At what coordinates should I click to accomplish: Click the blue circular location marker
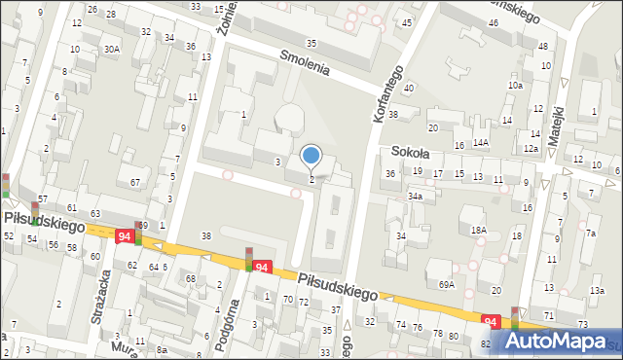(x=311, y=155)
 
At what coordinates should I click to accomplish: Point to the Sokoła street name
(x=410, y=152)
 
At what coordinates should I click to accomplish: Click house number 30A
(x=113, y=49)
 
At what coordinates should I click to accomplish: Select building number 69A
(x=447, y=284)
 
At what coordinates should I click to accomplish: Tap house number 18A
(x=478, y=230)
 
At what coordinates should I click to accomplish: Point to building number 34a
(x=416, y=196)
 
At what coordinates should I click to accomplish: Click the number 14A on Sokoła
(x=480, y=142)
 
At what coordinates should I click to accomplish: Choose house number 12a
(x=531, y=148)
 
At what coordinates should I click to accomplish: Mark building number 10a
(x=515, y=86)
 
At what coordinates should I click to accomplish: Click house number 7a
(x=590, y=233)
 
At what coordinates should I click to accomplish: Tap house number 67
(x=135, y=182)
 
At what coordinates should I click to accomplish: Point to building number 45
(x=406, y=21)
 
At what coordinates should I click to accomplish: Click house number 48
(x=542, y=46)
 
